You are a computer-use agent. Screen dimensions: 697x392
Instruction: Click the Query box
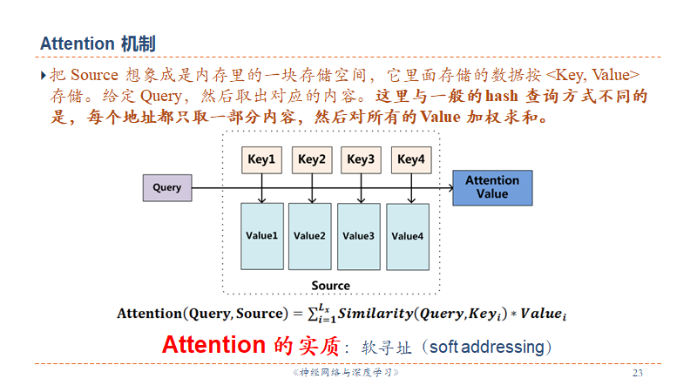tap(167, 188)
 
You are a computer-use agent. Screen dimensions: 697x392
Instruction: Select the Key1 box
tap(261, 159)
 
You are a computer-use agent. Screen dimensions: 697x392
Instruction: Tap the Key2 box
tap(311, 159)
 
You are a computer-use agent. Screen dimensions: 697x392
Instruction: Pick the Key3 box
tap(360, 159)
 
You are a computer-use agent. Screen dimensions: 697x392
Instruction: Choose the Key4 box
tap(409, 159)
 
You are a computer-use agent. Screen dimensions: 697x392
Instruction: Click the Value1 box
tap(261, 236)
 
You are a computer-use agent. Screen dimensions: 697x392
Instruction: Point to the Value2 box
tap(310, 236)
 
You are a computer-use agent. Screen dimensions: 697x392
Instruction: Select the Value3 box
tap(359, 236)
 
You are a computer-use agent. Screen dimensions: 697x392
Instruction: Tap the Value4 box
tap(408, 236)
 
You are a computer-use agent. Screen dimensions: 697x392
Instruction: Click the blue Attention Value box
tap(491, 187)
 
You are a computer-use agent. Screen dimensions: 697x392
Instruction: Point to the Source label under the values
tap(331, 286)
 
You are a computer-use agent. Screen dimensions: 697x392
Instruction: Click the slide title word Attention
tap(78, 44)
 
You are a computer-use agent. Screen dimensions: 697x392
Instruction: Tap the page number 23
tap(638, 374)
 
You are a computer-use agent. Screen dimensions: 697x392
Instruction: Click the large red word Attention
tap(213, 344)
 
